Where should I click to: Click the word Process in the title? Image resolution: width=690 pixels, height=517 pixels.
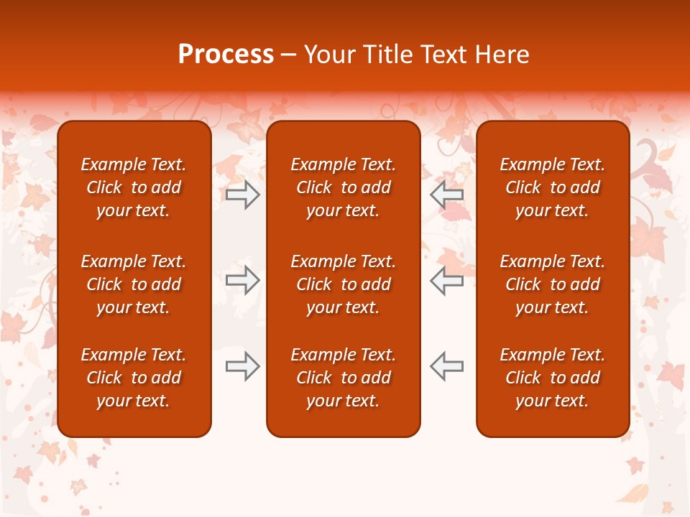pos(226,55)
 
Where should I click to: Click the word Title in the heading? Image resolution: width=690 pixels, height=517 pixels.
pos(388,55)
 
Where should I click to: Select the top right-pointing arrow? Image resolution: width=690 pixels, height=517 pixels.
pos(243,195)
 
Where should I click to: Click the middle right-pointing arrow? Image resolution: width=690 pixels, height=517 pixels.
pos(243,280)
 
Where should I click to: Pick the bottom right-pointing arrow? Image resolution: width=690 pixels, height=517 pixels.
pos(243,365)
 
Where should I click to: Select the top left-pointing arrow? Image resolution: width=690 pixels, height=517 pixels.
pos(446,195)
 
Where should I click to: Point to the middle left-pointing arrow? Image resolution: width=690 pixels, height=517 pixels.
pos(446,280)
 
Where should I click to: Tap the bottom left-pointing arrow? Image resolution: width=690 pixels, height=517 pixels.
pos(446,365)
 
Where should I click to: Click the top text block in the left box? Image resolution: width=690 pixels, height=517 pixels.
pos(134,187)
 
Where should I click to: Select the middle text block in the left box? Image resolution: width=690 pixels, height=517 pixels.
pos(134,284)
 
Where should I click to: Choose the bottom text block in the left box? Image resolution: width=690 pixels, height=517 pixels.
pos(134,378)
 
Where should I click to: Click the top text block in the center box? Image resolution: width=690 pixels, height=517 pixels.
pos(343,187)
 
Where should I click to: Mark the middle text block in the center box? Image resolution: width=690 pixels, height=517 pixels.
pos(343,284)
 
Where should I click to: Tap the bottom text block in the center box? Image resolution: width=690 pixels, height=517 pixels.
pos(343,378)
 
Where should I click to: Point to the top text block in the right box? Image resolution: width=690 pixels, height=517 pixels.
pos(552,187)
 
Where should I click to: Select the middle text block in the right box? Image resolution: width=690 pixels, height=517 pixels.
pos(552,284)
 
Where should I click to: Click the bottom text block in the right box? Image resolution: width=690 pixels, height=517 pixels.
pos(552,378)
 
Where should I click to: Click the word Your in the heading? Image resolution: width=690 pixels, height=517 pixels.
pos(330,55)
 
